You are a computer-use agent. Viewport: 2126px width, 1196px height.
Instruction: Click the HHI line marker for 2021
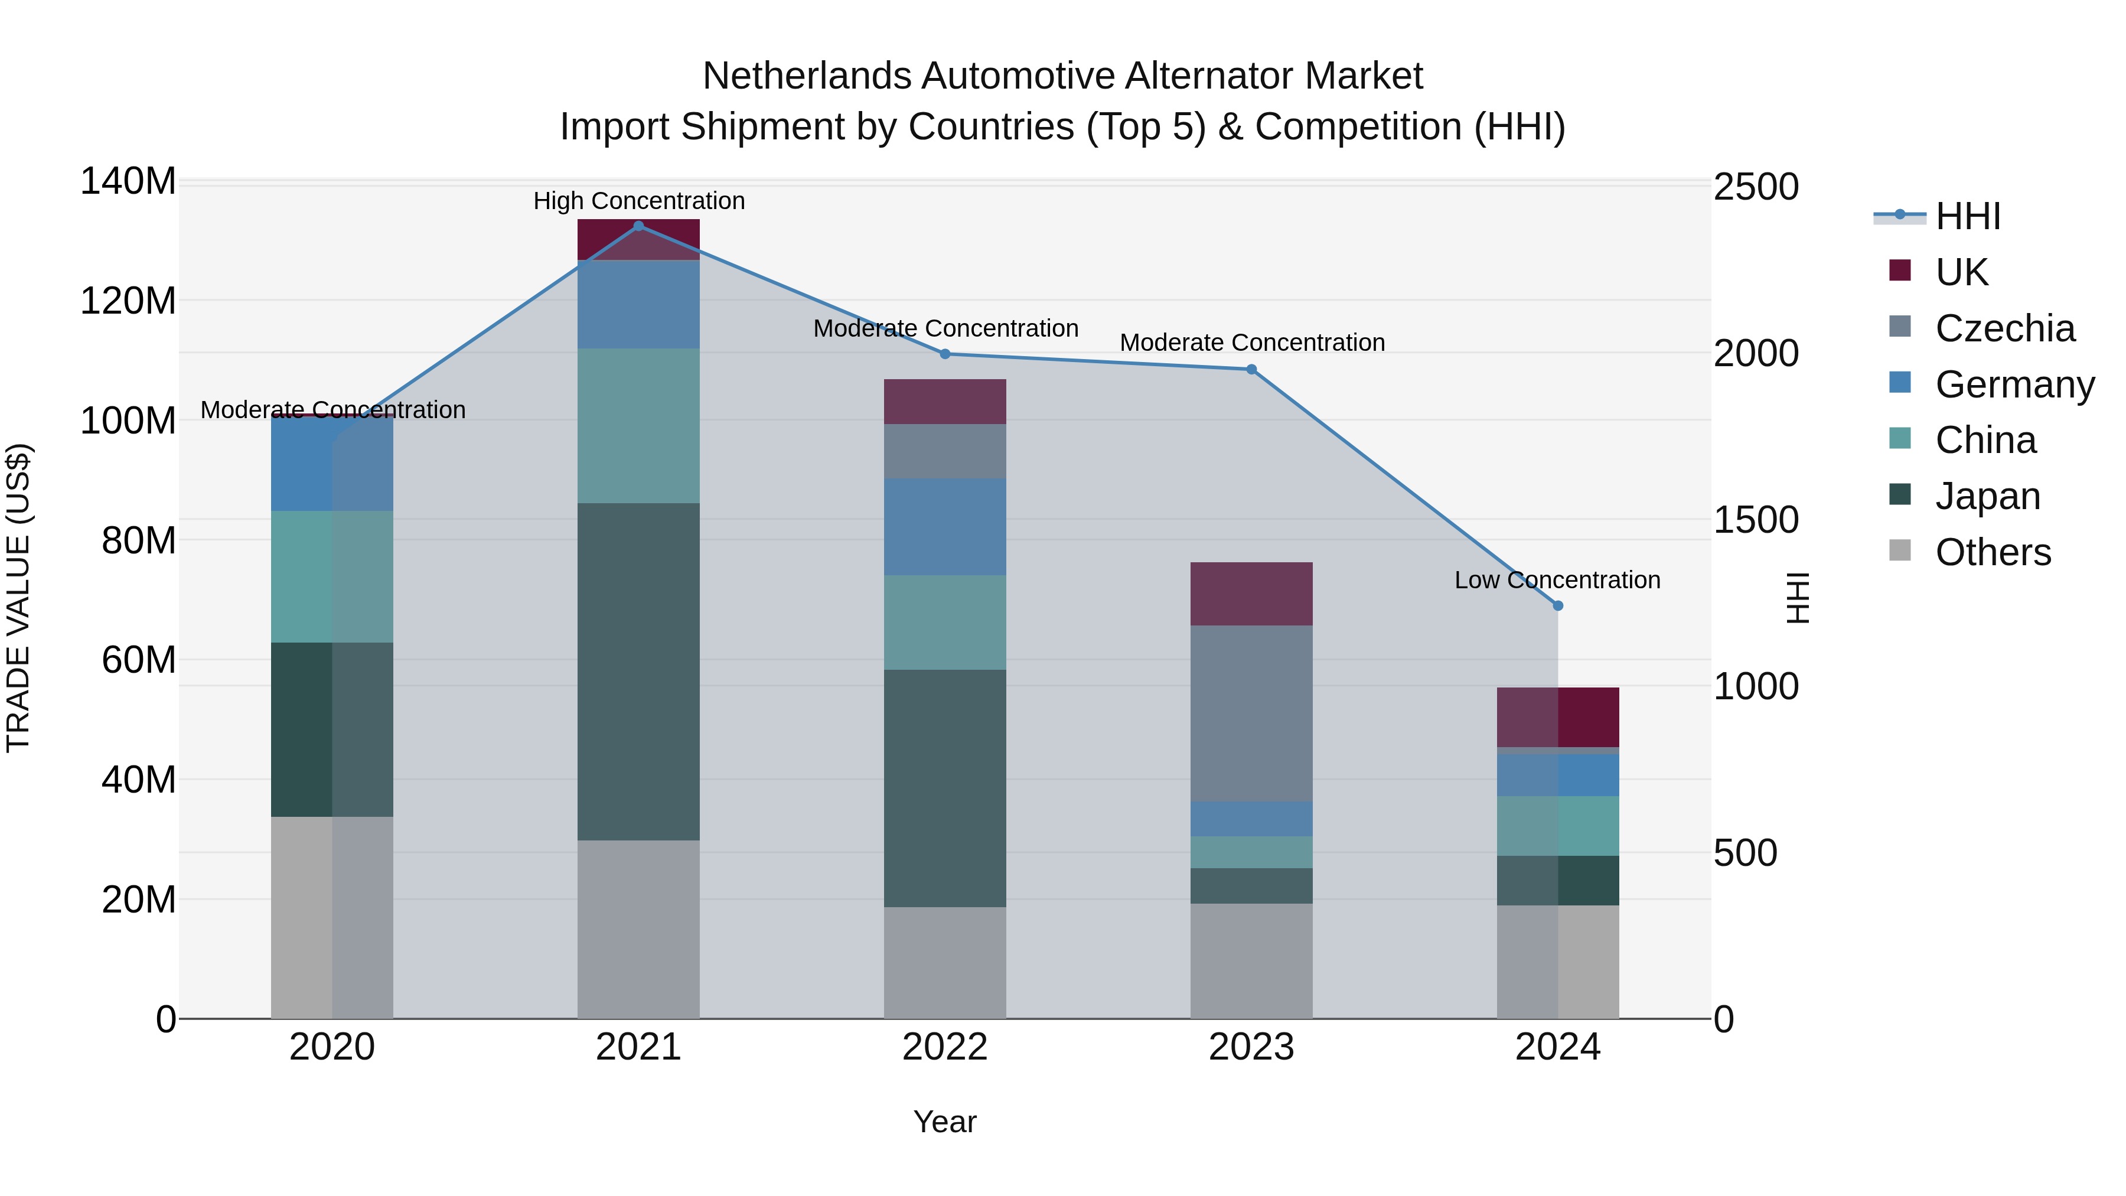pos(638,226)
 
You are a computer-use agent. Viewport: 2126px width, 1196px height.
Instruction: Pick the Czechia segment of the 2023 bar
pos(1251,713)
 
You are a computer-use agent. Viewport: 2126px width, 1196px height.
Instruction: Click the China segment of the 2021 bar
pos(638,425)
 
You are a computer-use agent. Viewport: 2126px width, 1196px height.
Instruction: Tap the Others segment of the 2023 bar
pos(1251,961)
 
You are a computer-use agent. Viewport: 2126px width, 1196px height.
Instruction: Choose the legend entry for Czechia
pos(2004,328)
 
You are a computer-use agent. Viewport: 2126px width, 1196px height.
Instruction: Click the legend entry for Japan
pos(1987,496)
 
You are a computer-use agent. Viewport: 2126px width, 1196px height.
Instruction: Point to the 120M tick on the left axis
pos(128,301)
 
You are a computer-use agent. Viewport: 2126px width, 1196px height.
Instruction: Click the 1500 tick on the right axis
pos(1756,520)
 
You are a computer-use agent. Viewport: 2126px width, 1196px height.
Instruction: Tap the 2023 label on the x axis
pos(1251,1047)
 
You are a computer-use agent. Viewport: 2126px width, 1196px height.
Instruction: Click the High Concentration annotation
pos(639,201)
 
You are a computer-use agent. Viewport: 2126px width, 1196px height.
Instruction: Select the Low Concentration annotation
pos(1557,580)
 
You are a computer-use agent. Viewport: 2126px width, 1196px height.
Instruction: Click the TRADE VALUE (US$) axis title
pos(18,598)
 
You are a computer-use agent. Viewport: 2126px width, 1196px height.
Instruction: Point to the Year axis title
pos(945,1122)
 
